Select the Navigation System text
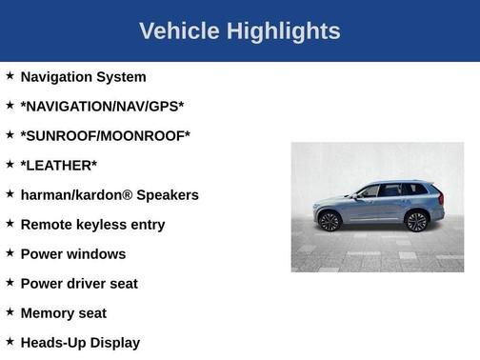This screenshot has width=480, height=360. coord(83,77)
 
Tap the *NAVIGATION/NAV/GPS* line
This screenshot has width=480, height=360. coord(102,107)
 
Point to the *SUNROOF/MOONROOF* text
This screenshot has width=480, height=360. coord(105,136)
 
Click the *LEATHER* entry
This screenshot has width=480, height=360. coord(58,166)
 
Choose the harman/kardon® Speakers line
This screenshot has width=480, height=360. coord(110,195)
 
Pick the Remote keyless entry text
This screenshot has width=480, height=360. coord(92,225)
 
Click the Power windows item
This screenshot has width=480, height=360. coord(72,254)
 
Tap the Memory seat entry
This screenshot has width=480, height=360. coord(63,313)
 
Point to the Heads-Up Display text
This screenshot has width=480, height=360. coord(80,343)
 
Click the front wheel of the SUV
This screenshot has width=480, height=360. coord(330,221)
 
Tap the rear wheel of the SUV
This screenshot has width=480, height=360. coord(415,221)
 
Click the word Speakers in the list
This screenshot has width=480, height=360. coord(168,195)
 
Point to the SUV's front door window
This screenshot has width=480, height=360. coord(370,191)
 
